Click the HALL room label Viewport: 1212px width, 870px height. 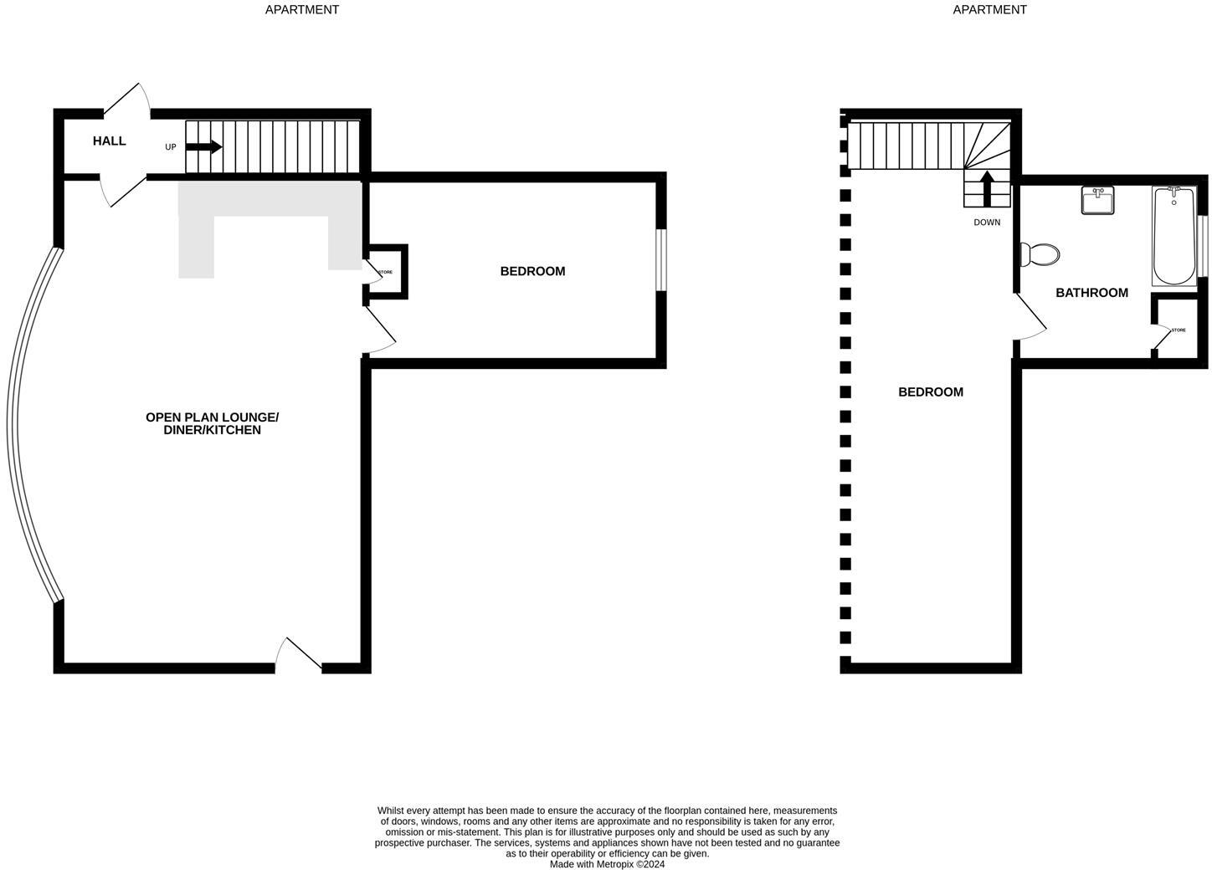[110, 141]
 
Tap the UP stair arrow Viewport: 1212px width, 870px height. [203, 147]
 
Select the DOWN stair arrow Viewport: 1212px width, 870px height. [987, 188]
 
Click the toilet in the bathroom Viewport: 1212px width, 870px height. [1039, 254]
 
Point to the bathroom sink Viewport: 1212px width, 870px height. [1097, 201]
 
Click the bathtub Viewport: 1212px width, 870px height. [1173, 237]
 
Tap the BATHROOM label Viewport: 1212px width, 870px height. [1091, 293]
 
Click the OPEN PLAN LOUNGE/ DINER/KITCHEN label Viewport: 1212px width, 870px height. [212, 424]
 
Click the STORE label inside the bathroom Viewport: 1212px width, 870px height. [1179, 330]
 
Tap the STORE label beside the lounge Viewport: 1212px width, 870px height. [385, 273]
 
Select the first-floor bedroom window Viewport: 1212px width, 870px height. [660, 259]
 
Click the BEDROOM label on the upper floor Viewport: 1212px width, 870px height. [931, 392]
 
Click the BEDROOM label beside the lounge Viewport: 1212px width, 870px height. [532, 272]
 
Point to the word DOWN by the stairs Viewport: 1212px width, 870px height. [987, 223]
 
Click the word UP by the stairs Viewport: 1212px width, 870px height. [171, 147]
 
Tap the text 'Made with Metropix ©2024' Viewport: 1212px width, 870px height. [607, 864]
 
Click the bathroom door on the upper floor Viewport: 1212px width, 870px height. [1030, 318]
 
